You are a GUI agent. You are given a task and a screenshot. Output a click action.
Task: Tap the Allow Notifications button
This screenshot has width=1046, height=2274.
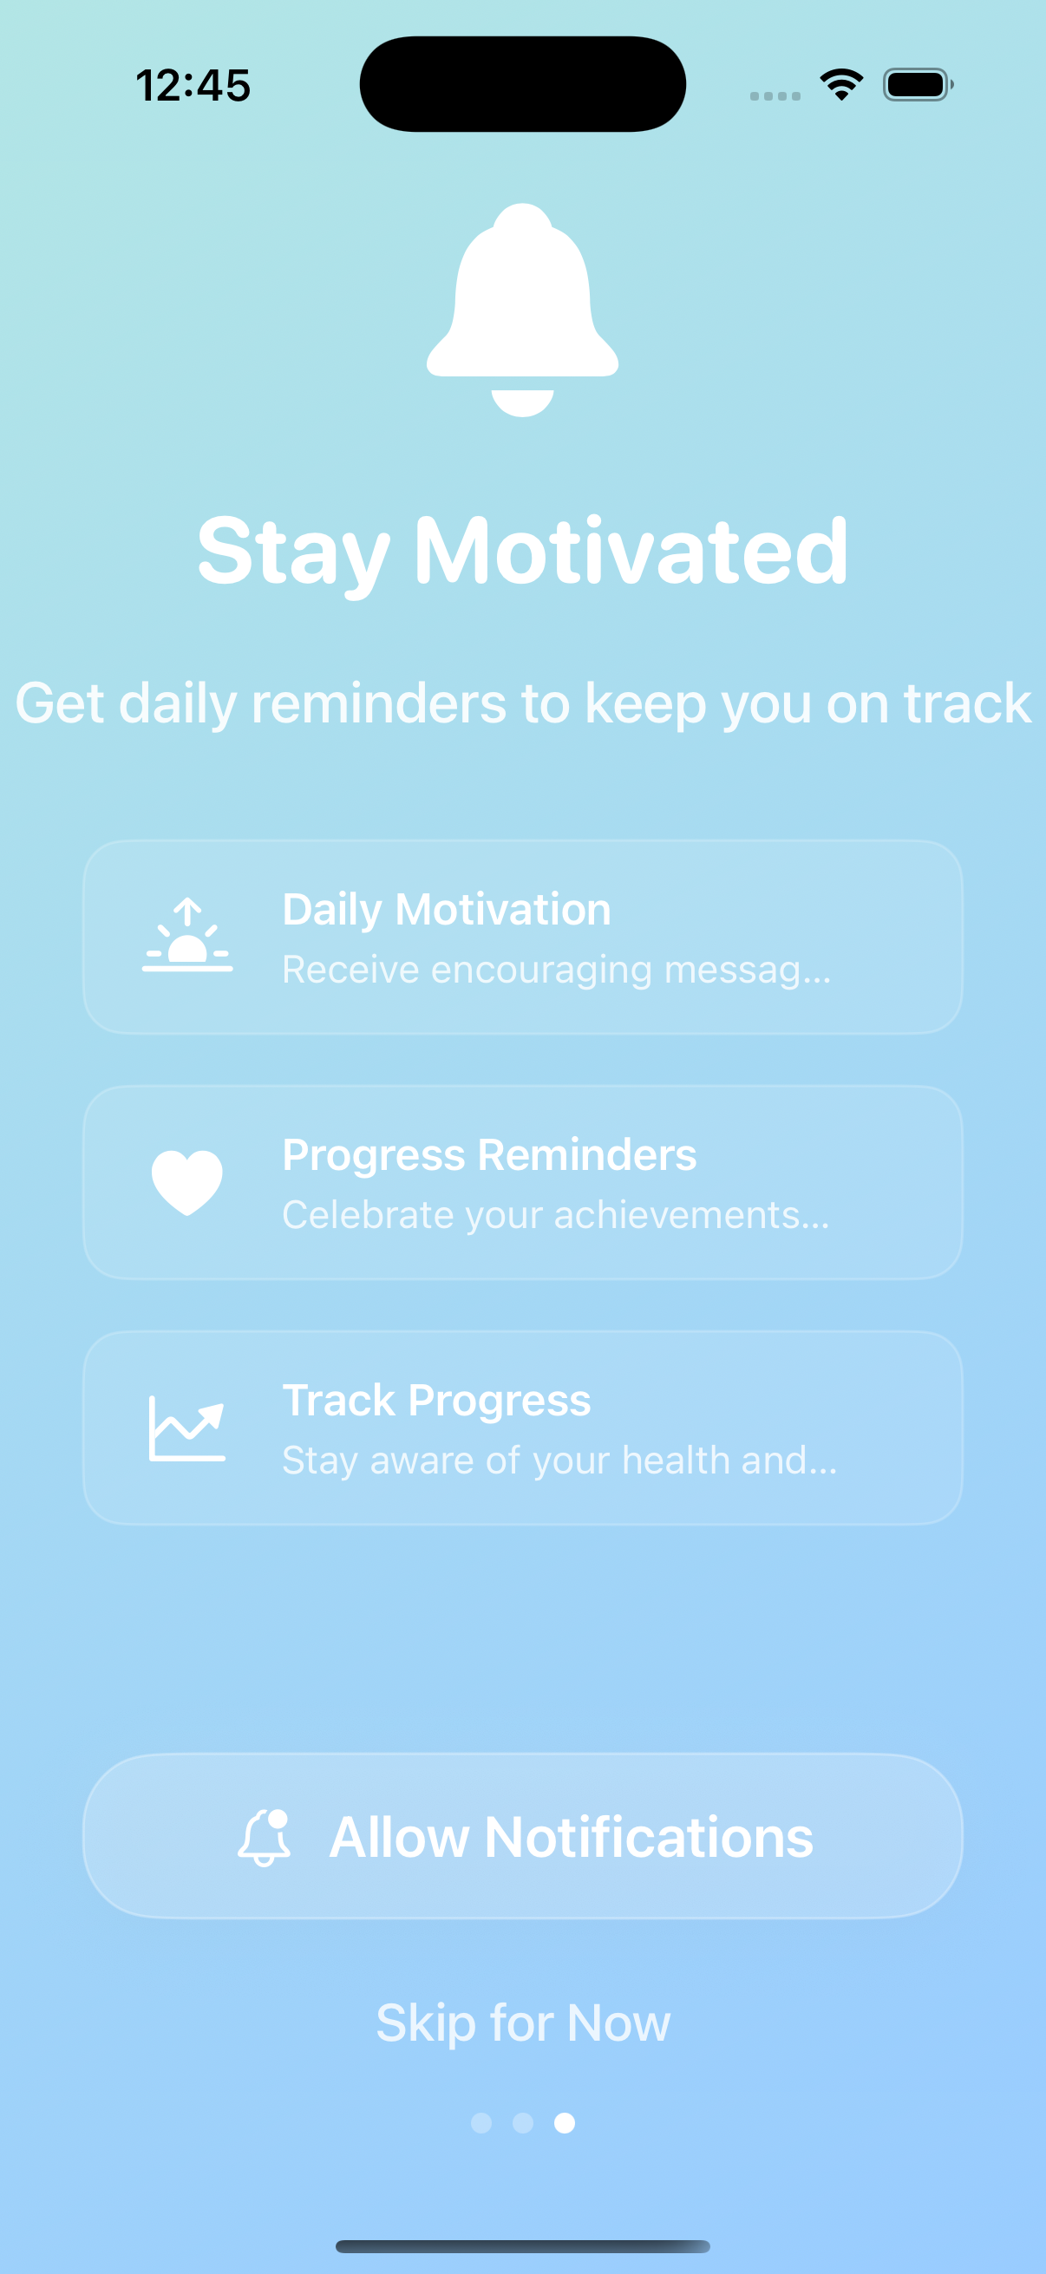pos(522,1836)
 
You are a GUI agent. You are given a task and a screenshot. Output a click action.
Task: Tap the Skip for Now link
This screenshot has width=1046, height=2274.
pos(522,2022)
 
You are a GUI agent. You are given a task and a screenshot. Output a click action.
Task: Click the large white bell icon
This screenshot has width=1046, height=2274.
pos(522,309)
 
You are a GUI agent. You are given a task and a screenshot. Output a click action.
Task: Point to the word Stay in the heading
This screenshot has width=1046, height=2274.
pos(293,552)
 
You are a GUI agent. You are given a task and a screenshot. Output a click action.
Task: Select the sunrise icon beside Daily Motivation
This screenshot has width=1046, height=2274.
pos(187,936)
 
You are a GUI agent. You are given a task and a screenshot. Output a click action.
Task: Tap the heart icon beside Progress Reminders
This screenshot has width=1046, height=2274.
pos(187,1182)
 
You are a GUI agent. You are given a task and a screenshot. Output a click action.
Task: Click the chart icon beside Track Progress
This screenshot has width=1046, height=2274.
pos(187,1428)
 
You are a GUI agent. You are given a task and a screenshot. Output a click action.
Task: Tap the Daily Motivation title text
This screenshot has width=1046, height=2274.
pos(447,909)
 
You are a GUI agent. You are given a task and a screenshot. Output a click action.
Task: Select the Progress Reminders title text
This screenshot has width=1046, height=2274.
pos(489,1154)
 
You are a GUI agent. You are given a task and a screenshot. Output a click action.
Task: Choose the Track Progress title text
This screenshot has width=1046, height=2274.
pos(436,1400)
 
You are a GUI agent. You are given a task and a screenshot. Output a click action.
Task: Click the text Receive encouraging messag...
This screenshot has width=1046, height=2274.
pos(556,970)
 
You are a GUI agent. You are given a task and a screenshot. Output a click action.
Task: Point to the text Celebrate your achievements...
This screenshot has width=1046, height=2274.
pos(555,1215)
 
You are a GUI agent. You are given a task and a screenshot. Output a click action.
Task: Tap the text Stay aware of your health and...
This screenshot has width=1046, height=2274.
pos(559,1460)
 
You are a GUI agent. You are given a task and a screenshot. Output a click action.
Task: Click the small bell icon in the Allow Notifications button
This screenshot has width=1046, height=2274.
pos(265,1837)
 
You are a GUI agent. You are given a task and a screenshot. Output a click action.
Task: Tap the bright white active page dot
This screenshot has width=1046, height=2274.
pos(565,2122)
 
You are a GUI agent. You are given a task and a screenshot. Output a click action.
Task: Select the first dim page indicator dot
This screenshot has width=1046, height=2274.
pos(481,2122)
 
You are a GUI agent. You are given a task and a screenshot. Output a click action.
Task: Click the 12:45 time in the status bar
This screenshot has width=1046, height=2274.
pos(193,86)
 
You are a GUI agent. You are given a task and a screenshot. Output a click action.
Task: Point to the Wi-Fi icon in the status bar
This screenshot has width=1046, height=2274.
pos(841,84)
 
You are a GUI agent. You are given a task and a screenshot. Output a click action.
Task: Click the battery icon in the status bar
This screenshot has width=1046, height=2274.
pos(917,85)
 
